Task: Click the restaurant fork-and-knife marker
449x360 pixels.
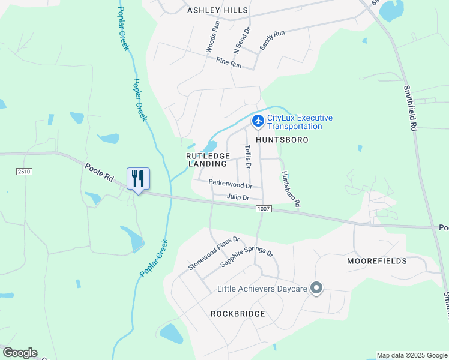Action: [x=138, y=178]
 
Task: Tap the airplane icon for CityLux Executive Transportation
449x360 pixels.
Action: [x=258, y=121]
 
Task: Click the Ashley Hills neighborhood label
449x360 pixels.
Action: [x=217, y=10]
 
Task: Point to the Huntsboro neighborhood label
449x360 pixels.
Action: [x=282, y=140]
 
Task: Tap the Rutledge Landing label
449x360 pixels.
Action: [x=207, y=159]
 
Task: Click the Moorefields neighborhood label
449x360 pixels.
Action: [x=377, y=261]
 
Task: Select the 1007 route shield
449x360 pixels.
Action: [x=264, y=209]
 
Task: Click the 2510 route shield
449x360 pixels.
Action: [x=24, y=172]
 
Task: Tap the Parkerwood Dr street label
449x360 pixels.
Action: [x=230, y=183]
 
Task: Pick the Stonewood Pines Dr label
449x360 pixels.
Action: [x=214, y=253]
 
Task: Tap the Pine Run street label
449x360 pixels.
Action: [x=228, y=62]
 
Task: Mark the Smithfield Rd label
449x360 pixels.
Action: [x=411, y=108]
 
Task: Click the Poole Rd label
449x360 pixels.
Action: [x=99, y=173]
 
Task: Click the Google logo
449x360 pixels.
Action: [x=20, y=353]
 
